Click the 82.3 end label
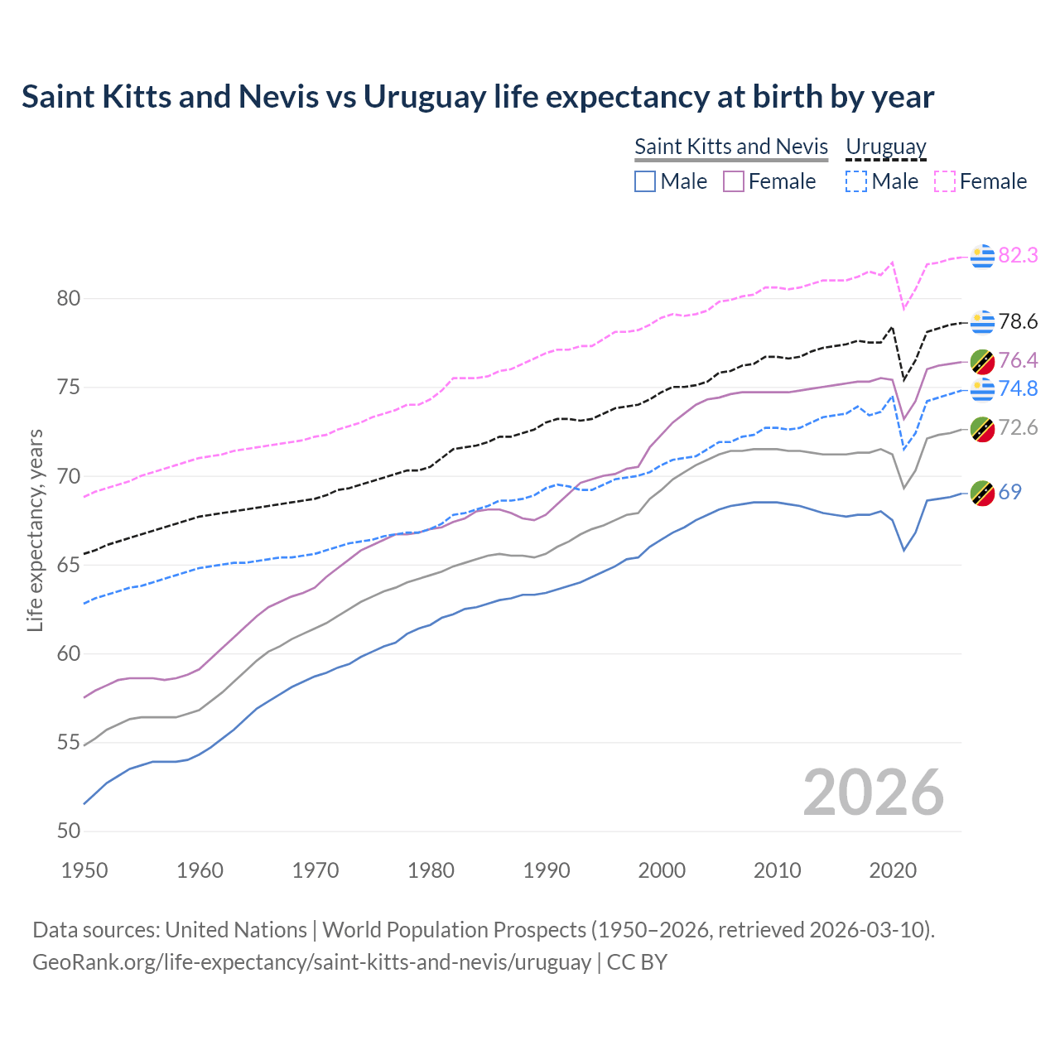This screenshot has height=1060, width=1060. (x=1018, y=255)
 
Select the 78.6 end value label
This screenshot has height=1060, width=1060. (x=1018, y=321)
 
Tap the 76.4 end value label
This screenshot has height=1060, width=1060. (x=1018, y=360)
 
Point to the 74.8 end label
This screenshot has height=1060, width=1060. (x=1018, y=388)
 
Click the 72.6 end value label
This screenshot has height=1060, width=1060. (x=1018, y=427)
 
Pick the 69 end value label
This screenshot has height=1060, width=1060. (x=1009, y=492)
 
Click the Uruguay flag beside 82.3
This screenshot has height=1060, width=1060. (x=982, y=257)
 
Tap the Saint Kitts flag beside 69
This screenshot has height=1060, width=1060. (x=982, y=493)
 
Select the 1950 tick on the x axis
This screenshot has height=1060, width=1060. (x=84, y=870)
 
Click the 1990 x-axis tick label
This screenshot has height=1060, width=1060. (x=547, y=870)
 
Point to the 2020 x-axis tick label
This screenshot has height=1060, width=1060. (x=893, y=870)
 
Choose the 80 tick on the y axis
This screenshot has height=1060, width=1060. (x=69, y=298)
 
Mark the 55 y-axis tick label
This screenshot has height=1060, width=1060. (x=69, y=743)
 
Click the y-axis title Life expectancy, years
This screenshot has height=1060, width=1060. (x=35, y=530)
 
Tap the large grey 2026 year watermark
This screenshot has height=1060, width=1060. (x=874, y=793)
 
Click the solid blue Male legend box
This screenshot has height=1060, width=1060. (x=645, y=181)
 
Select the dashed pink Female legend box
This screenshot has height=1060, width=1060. (x=945, y=181)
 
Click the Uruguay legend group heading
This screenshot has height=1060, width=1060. (x=885, y=147)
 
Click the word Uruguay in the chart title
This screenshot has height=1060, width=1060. (x=425, y=97)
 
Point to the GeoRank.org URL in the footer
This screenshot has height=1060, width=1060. (x=311, y=962)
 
